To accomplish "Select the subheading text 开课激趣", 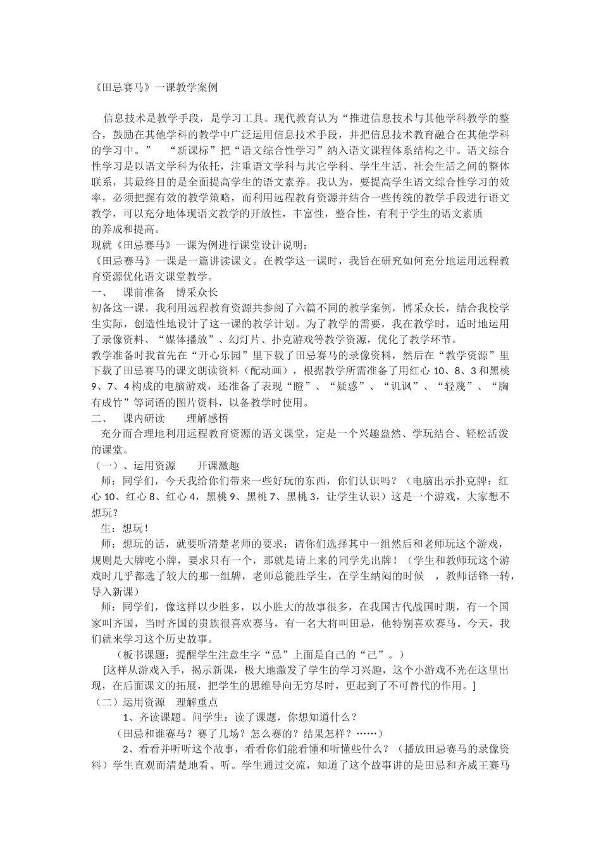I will [x=218, y=465].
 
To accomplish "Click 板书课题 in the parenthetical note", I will [x=150, y=654].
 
